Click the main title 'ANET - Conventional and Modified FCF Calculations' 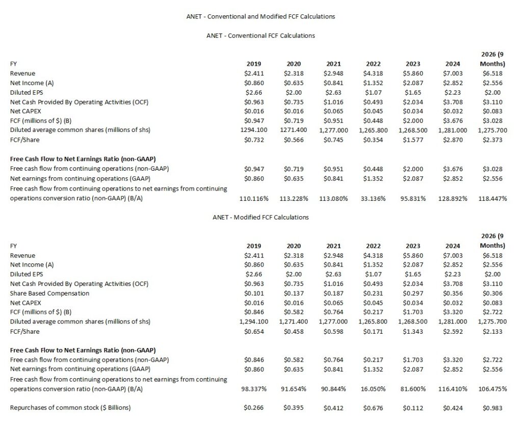point(260,16)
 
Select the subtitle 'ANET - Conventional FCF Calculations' point(260,36)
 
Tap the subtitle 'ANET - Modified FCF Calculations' point(260,217)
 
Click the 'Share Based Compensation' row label point(49,293)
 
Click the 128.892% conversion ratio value point(453,198)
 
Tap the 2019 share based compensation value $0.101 point(253,293)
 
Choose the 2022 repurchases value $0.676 point(373,408)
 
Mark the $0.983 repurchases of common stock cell point(492,408)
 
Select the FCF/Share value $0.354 point(373,140)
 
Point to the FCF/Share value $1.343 point(413,331)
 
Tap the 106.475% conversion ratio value point(492,389)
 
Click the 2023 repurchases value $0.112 point(413,408)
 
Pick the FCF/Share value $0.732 point(253,140)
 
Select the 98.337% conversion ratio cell point(254,389)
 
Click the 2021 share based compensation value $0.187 point(333,293)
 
